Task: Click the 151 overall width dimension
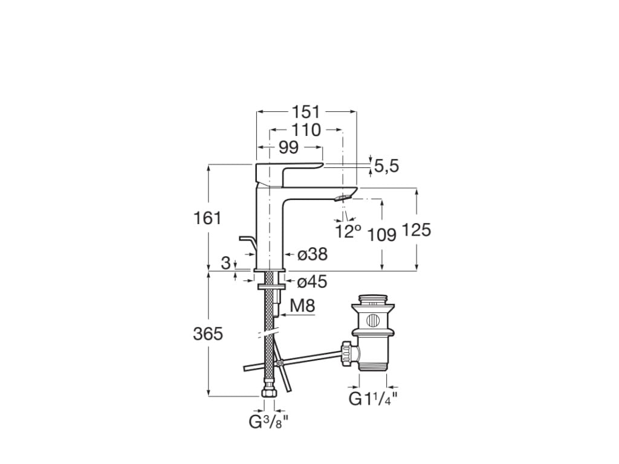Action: click(306, 112)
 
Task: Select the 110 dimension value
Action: click(306, 130)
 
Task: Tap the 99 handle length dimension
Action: click(289, 147)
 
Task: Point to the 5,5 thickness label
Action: click(386, 167)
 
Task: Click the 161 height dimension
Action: click(207, 218)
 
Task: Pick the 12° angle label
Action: click(348, 231)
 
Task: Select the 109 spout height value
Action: click(382, 234)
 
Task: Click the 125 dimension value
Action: click(416, 230)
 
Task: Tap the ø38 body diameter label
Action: click(313, 255)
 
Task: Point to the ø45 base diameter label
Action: click(313, 282)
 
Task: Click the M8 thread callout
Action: click(302, 306)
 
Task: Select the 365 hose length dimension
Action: click(207, 333)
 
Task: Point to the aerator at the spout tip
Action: click(342, 198)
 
